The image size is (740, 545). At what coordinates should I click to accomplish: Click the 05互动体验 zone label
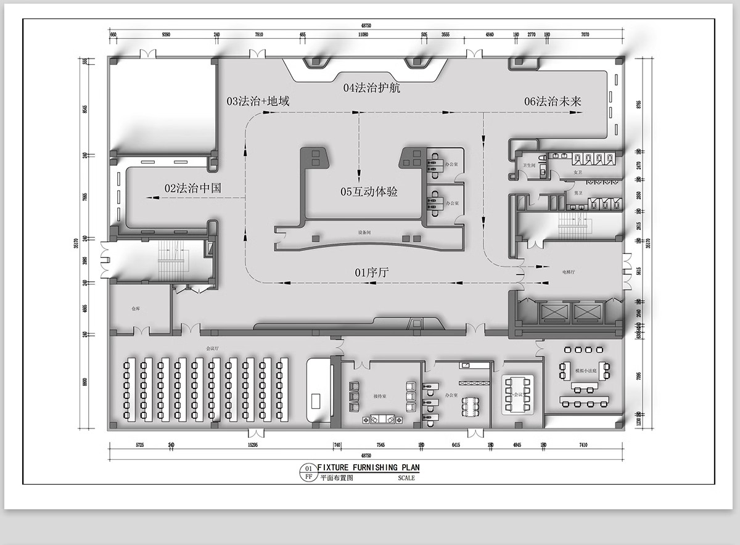click(369, 192)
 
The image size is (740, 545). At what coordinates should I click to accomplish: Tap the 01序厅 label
click(371, 272)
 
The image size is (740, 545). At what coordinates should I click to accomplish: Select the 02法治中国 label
click(192, 188)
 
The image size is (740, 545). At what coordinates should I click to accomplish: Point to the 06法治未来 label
click(553, 102)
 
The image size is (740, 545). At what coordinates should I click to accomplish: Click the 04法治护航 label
click(372, 88)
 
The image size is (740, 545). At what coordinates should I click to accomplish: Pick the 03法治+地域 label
click(258, 101)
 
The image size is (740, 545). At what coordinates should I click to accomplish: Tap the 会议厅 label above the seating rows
click(213, 348)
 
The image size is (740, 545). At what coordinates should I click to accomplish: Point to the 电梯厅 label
click(569, 271)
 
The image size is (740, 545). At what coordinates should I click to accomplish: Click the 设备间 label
click(364, 233)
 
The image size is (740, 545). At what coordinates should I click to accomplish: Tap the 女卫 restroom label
click(577, 172)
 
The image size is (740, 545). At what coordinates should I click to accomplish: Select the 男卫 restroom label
click(577, 193)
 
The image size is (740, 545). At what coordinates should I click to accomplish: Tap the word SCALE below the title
click(406, 478)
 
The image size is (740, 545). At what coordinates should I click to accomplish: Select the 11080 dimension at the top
click(363, 35)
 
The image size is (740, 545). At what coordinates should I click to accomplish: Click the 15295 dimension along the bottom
click(252, 445)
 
